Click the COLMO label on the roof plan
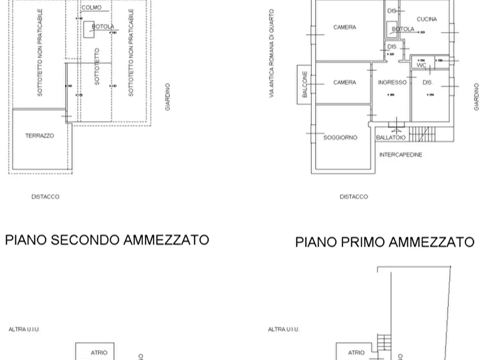(x=91, y=8)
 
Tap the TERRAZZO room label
(x=39, y=136)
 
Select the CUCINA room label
(x=426, y=19)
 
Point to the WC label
(x=421, y=65)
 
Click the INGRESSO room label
(x=392, y=83)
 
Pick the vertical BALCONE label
(x=305, y=84)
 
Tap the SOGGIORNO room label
(x=340, y=138)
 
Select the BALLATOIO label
(x=391, y=138)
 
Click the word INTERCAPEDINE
(x=400, y=155)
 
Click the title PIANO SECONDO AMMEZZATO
(x=107, y=240)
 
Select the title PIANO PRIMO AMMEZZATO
(x=384, y=242)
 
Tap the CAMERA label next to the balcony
(x=344, y=83)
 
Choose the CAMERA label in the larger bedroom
(x=344, y=27)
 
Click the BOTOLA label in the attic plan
(x=103, y=26)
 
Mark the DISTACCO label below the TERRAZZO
(x=45, y=197)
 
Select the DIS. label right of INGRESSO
(x=427, y=83)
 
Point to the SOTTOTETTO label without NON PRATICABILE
(x=97, y=67)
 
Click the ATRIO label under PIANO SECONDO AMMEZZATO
(x=99, y=353)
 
